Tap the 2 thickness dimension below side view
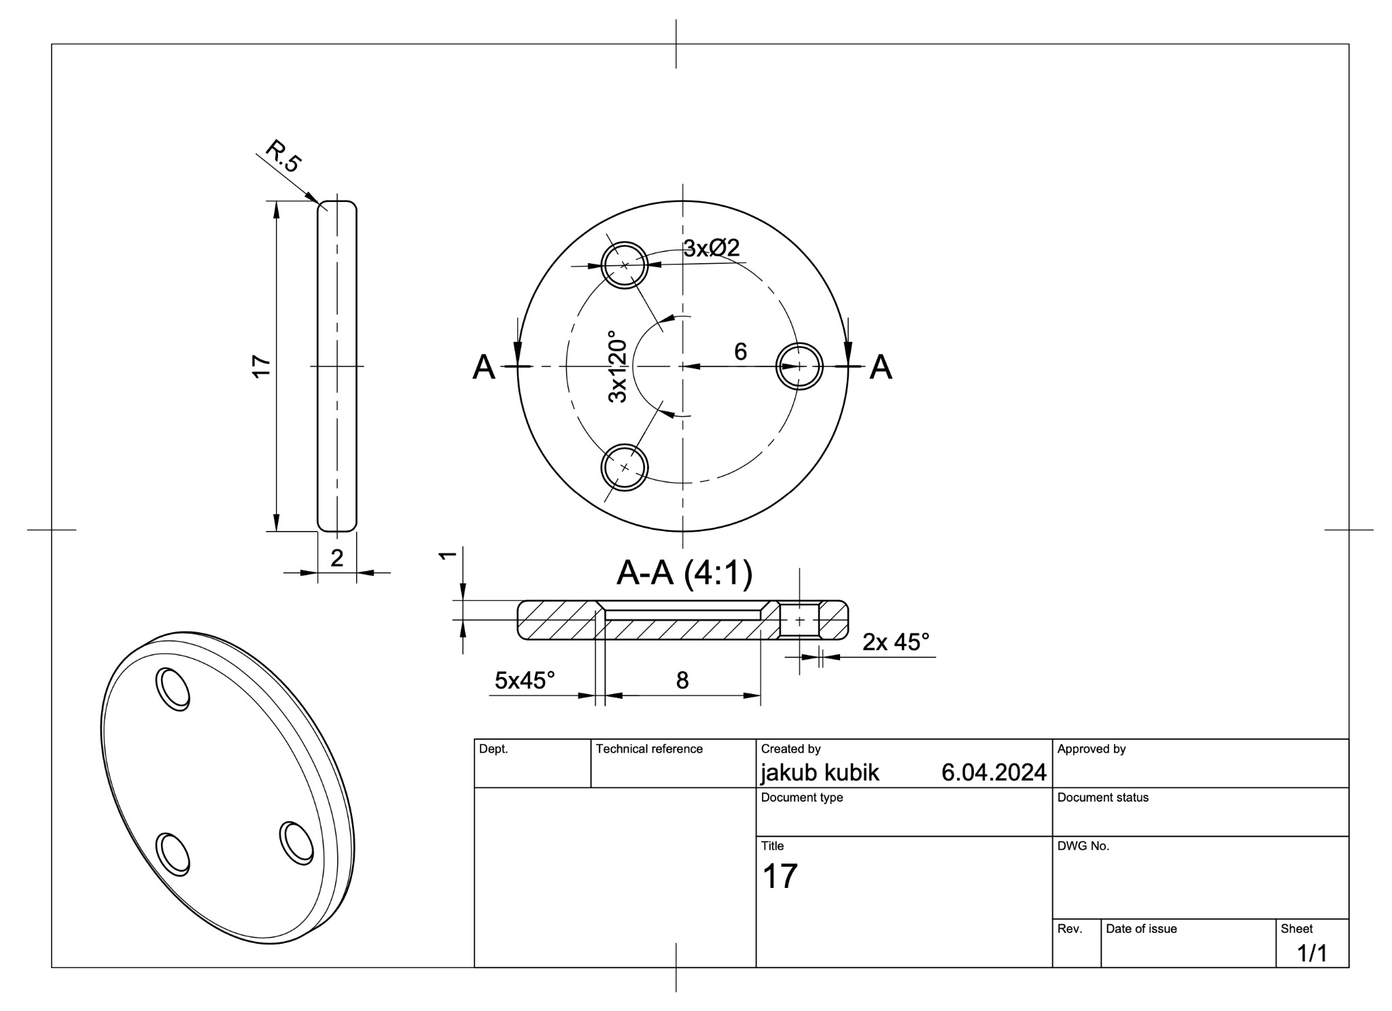tap(336, 558)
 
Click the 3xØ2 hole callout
tap(711, 248)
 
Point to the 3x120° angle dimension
tap(617, 366)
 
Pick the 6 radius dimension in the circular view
tap(740, 352)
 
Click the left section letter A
tap(484, 367)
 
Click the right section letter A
tap(881, 367)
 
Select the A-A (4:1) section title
tap(684, 573)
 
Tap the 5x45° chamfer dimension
tap(525, 680)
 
